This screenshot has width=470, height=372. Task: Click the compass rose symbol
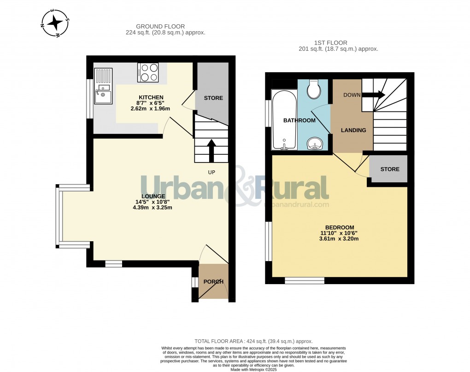click(x=55, y=23)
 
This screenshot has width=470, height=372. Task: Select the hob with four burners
click(x=148, y=72)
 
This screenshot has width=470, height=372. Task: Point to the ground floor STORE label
click(x=213, y=98)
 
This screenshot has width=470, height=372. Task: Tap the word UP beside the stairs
click(x=211, y=172)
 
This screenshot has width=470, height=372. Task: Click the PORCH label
click(x=213, y=282)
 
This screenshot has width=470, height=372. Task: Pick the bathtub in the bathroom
click(x=284, y=120)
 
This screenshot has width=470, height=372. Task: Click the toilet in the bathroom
click(x=315, y=89)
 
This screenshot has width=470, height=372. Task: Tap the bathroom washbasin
click(x=315, y=144)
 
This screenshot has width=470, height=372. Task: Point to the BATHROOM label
click(x=299, y=121)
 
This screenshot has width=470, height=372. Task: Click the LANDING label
click(x=353, y=130)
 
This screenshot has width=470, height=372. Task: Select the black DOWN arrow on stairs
click(x=373, y=95)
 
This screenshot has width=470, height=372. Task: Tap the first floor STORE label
click(x=389, y=169)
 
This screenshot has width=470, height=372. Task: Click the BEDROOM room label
click(x=339, y=227)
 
